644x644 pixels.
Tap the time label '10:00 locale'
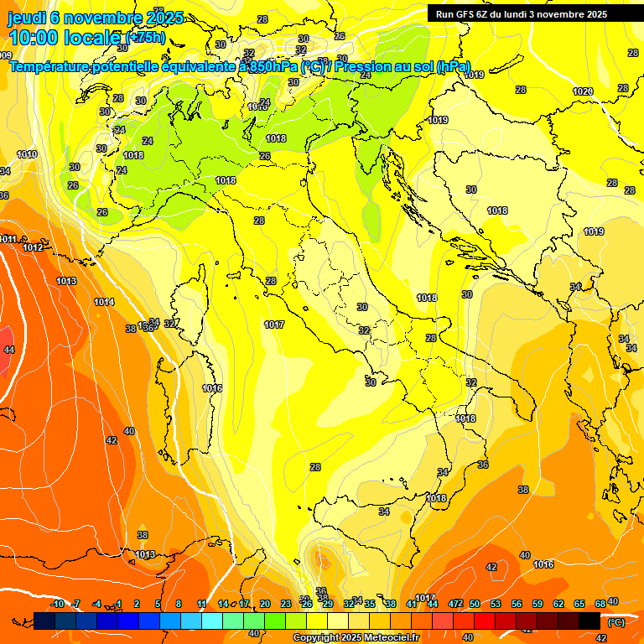(x=65, y=37)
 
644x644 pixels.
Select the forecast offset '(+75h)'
(x=146, y=37)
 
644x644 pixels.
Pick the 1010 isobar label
(x=27, y=154)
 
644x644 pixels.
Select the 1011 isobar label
(x=8, y=239)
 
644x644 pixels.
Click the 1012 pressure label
(x=34, y=247)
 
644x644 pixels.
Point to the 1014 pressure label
(x=104, y=302)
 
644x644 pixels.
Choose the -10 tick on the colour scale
(x=57, y=604)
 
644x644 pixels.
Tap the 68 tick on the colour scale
(x=600, y=604)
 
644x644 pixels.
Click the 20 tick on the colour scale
(x=265, y=604)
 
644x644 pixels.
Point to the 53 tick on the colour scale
(x=496, y=604)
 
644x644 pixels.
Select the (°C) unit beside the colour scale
(x=615, y=622)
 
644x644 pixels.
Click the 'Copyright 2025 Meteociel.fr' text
(x=355, y=637)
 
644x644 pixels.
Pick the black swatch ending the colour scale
(x=589, y=621)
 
